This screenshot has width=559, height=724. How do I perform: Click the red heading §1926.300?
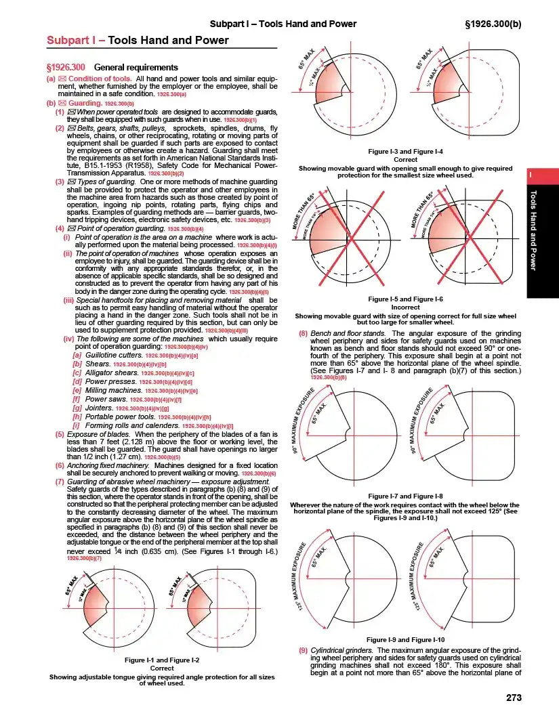66,67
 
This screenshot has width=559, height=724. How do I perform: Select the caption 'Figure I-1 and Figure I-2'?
162,660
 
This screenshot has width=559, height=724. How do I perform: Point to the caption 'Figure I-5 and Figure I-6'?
405,299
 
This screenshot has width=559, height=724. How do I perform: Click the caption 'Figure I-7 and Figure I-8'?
405,496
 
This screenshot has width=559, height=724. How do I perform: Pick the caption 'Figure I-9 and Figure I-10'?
405,639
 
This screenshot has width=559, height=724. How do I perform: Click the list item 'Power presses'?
109,381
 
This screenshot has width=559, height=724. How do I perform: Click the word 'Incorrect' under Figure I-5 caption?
405,307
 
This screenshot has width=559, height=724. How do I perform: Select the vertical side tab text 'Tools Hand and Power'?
533,231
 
